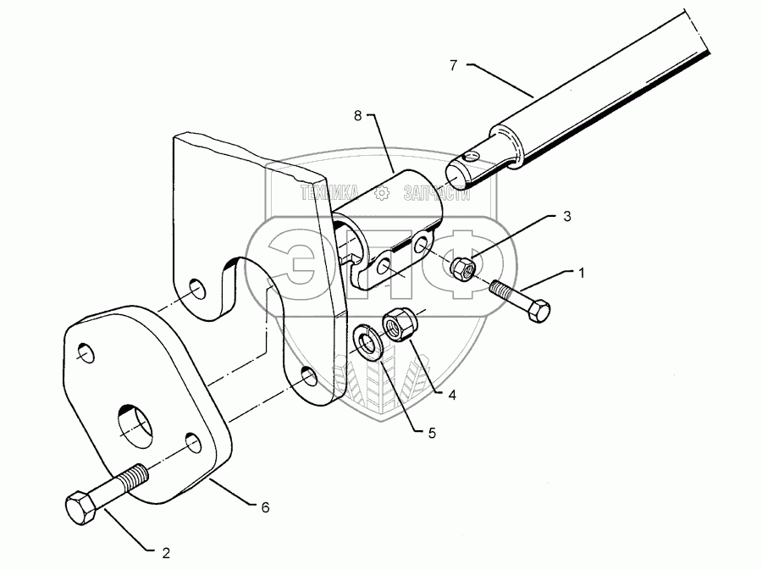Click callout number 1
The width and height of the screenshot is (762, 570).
coord(582,274)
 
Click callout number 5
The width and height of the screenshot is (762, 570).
coord(431,432)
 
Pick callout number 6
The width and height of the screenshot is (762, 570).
coord(265,507)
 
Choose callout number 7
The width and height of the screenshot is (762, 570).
coord(454,64)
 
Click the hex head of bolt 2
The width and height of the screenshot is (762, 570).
coord(83,509)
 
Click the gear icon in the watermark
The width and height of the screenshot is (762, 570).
coord(382,195)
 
